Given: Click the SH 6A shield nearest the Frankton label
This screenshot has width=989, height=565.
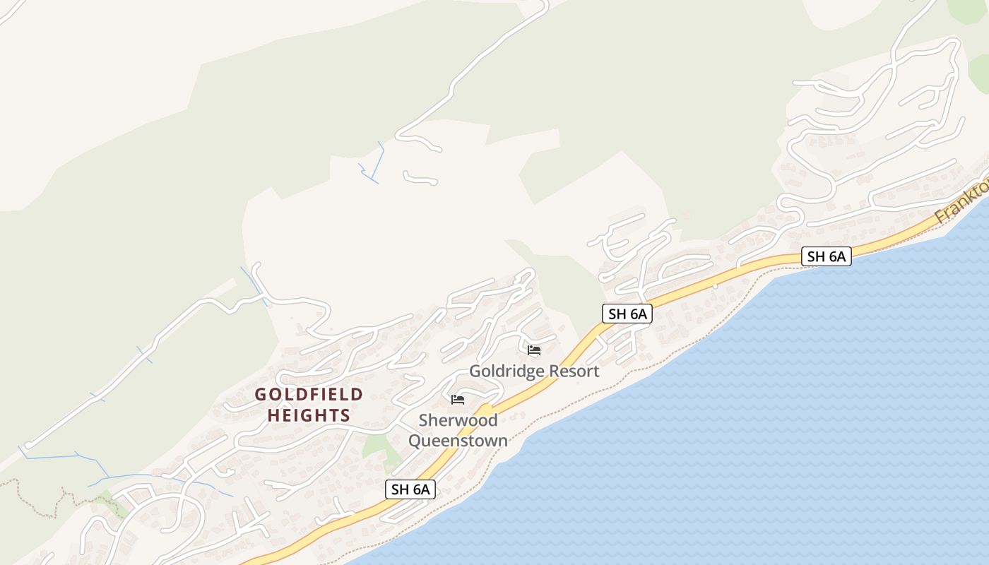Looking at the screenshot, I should click(827, 256).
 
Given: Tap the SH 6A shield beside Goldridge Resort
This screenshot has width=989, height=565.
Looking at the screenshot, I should click(627, 314).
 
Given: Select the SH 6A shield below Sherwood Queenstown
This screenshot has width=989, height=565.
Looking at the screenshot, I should click(410, 489).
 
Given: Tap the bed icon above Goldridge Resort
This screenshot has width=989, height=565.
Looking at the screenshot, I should click(534, 350).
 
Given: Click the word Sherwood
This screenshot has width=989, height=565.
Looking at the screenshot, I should click(458, 420).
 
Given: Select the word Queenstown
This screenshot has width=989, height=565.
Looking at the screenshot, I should click(458, 441).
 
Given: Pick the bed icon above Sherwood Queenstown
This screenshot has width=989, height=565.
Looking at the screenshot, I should click(458, 400).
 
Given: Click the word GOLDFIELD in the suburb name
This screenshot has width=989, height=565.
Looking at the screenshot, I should click(309, 394).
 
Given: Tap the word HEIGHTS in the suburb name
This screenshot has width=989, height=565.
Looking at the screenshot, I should click(309, 415).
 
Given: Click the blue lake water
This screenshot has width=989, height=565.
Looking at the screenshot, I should click(777, 424).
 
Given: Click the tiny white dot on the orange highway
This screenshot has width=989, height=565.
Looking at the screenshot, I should click(715, 286).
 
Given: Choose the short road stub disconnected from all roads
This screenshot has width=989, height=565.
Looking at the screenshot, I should click(420, 178).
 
